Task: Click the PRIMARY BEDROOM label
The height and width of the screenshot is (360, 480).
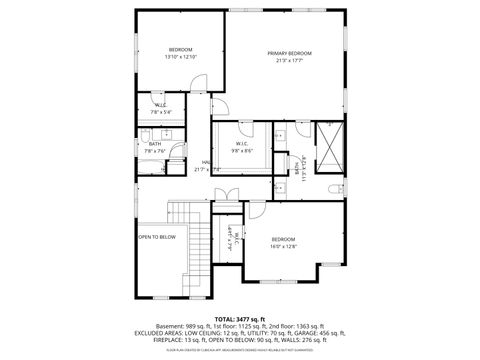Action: point(289,53)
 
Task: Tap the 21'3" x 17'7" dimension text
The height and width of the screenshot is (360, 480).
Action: point(289,61)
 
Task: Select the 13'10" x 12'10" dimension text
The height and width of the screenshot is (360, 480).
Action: point(180,57)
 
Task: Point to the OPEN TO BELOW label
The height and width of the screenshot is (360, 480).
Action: point(157,237)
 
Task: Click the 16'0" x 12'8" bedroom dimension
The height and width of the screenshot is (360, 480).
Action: point(283,246)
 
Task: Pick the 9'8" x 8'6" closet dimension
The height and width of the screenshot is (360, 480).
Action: point(242,151)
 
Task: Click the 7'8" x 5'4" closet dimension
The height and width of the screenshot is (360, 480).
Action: point(161,112)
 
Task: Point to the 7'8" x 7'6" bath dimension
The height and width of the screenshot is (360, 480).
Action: point(155,151)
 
